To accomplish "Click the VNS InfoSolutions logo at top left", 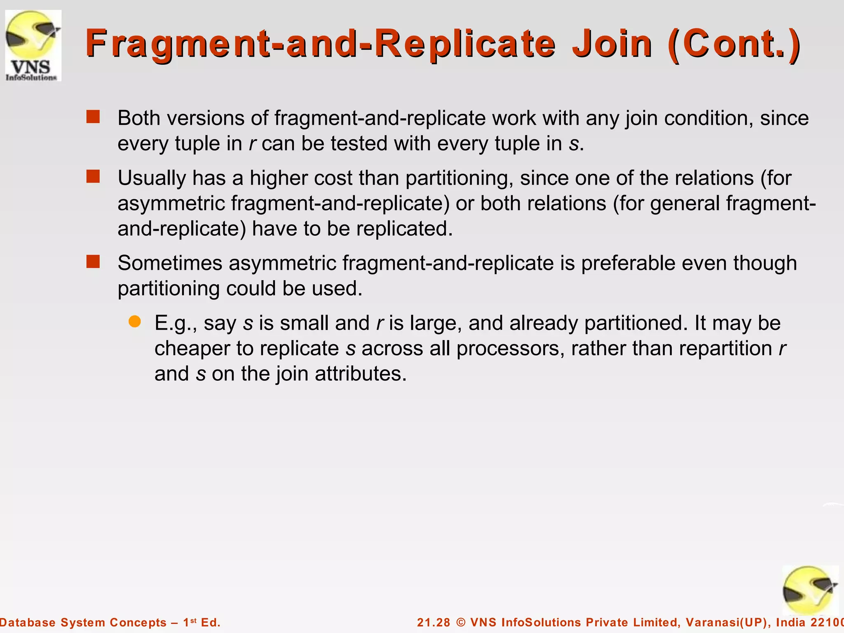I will tap(33, 45).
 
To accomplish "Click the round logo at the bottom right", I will tap(810, 590).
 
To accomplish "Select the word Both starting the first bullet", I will tap(138, 118).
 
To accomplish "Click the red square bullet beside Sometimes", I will tap(93, 262).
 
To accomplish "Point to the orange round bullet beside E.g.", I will tap(134, 321).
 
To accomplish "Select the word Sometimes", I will tap(170, 263).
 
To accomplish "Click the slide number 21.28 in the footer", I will tap(434, 622).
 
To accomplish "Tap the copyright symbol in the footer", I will tap(461, 622).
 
